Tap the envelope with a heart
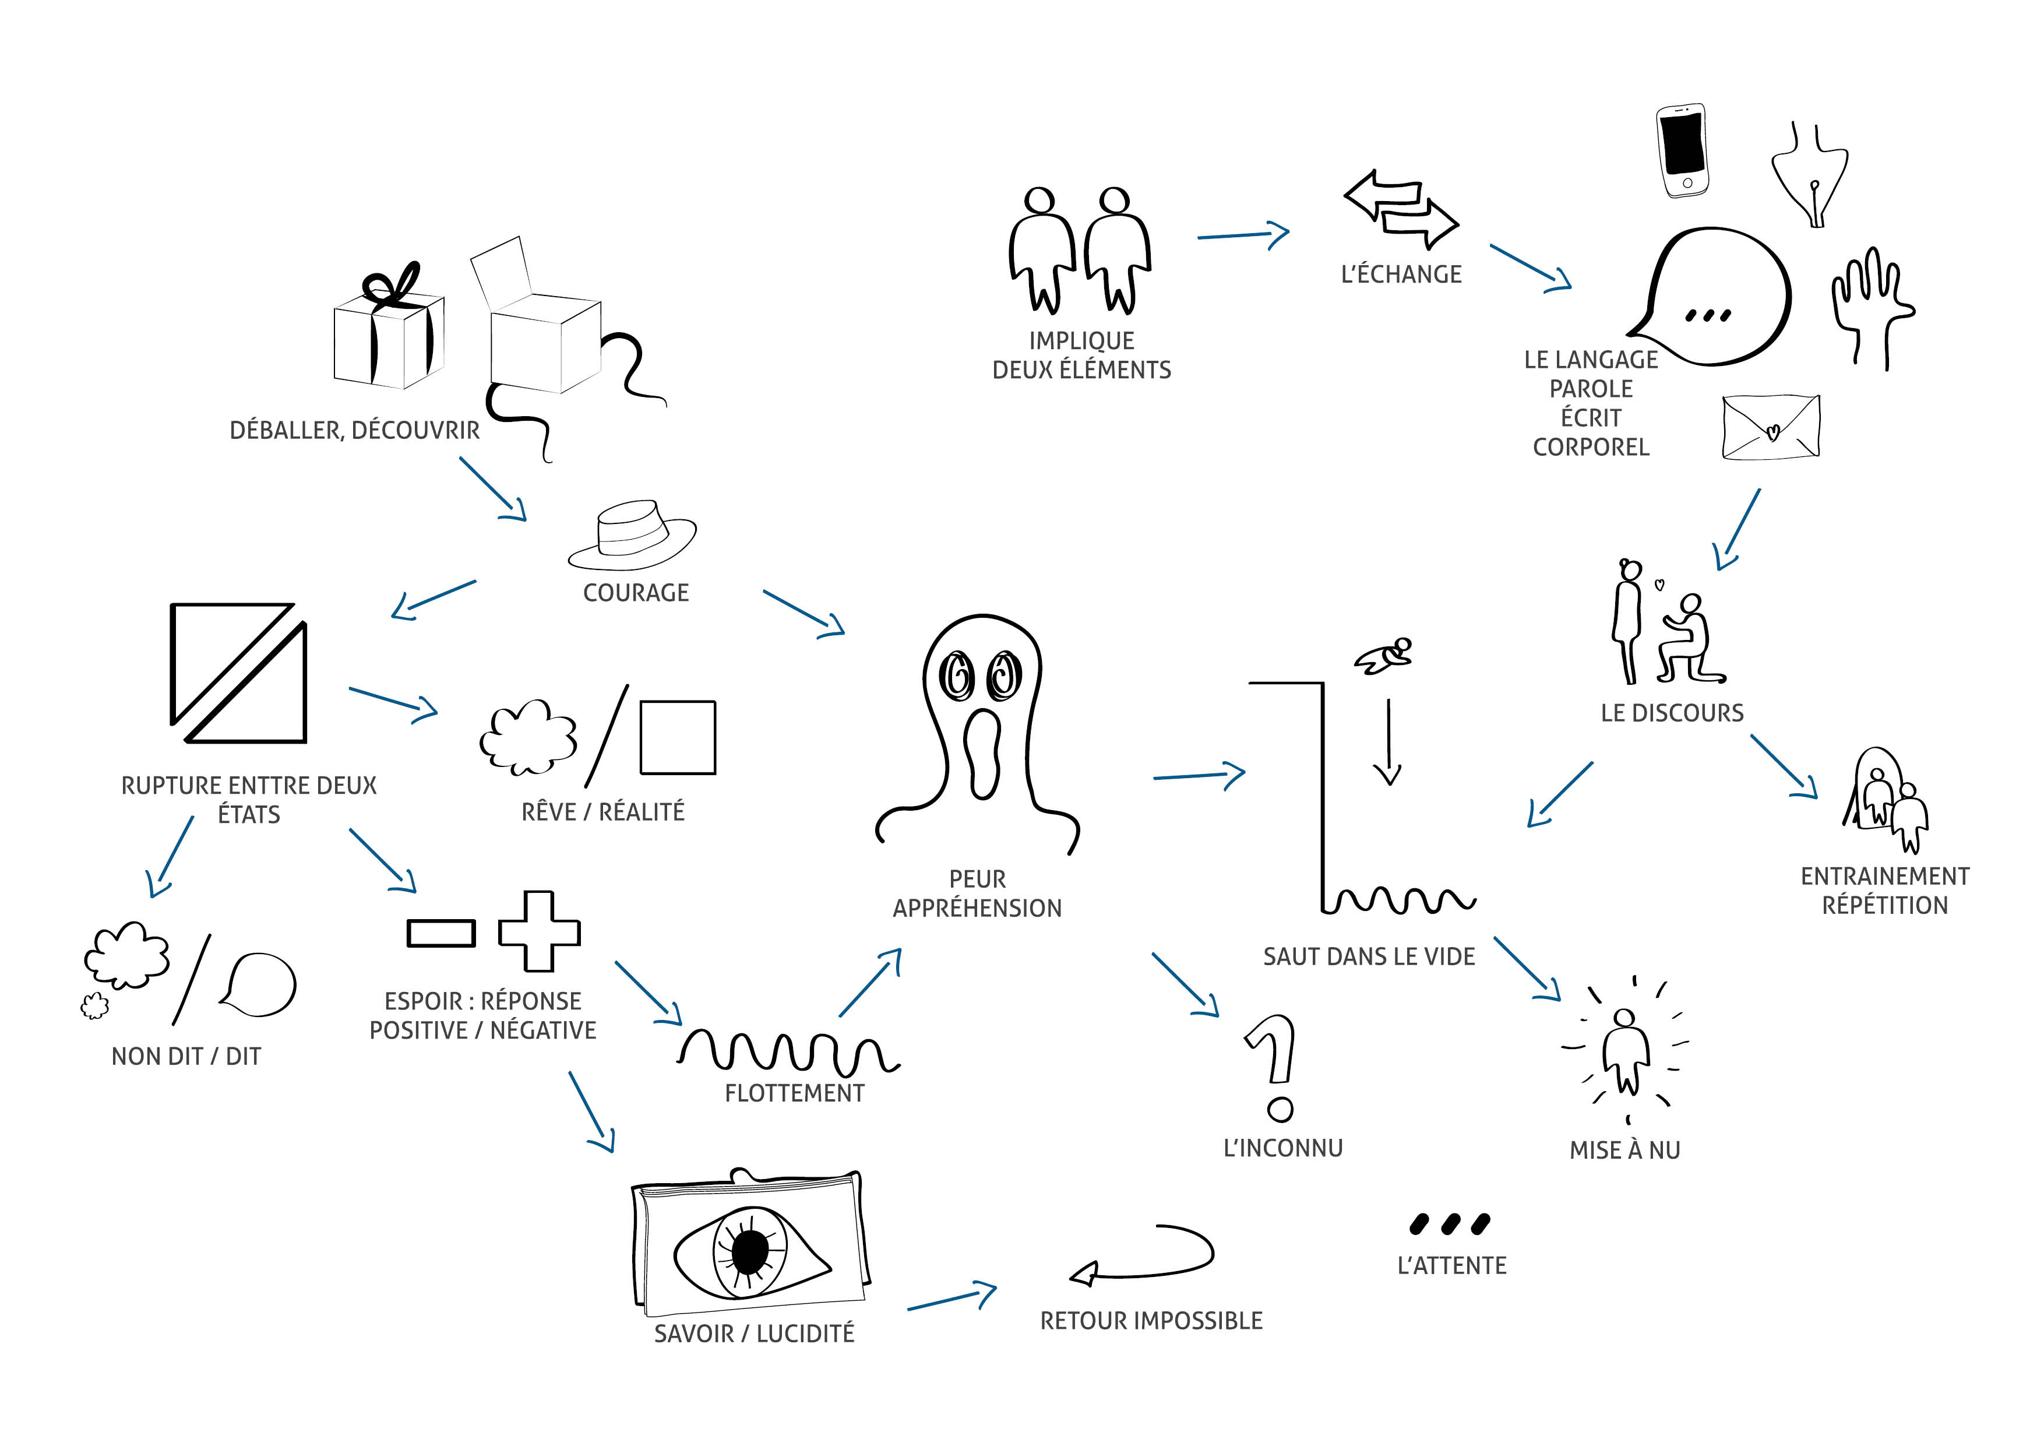coord(1771,427)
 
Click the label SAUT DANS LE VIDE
coord(1368,956)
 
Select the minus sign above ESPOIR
coord(440,933)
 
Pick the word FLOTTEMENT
coord(794,1093)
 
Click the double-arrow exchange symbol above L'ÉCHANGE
coord(1400,209)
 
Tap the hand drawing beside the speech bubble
coord(1870,302)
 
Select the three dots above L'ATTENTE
coord(1449,1225)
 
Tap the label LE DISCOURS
coord(1672,713)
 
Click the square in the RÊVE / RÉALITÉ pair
coord(678,737)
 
